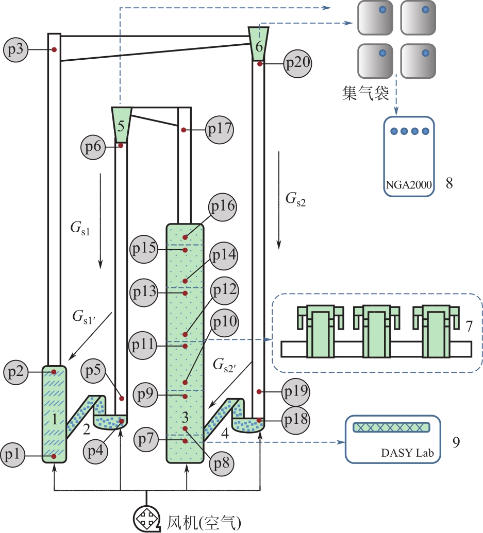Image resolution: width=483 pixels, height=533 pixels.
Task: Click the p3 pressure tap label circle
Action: coord(15,49)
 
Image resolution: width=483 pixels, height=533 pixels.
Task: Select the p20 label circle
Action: coord(297,63)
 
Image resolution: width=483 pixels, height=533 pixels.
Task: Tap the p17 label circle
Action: coord(220,129)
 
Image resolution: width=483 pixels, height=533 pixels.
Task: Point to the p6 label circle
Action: coord(93,147)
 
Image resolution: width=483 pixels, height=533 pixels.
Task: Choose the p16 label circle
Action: coord(223,207)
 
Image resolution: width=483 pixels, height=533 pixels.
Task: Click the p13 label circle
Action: coord(144,293)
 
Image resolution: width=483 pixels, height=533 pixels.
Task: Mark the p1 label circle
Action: coord(13,455)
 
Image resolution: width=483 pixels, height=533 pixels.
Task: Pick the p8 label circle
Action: coord(222,463)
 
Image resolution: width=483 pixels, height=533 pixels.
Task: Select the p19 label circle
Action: coord(295,392)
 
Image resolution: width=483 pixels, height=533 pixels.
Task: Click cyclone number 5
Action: coord(121,125)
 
